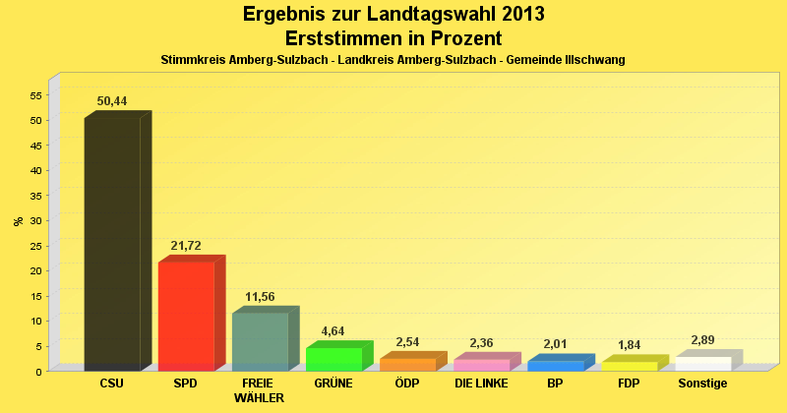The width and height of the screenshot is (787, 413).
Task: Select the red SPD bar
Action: [x=186, y=316]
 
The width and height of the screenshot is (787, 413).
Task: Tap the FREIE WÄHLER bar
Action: [x=260, y=341]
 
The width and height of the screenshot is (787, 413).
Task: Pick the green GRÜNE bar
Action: [x=333, y=359]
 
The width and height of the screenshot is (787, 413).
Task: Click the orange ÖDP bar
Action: [x=407, y=364]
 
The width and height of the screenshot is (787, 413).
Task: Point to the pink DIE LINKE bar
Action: [x=482, y=365]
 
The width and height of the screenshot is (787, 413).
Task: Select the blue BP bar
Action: [x=556, y=366]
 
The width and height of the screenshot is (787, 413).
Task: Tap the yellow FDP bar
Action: [x=630, y=366]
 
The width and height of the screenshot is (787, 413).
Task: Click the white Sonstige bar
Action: [x=703, y=364]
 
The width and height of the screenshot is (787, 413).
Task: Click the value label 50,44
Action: [x=112, y=100]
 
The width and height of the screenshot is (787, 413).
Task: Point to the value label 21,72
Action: [x=186, y=245]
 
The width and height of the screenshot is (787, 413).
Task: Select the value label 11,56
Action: [x=260, y=296]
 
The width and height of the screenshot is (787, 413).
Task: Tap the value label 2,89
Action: [x=703, y=340]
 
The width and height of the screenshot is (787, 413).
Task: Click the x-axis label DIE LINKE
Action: [x=482, y=383]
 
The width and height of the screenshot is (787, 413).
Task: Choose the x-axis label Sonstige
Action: [x=703, y=383]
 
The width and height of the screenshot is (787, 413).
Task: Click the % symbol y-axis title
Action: [x=18, y=221]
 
